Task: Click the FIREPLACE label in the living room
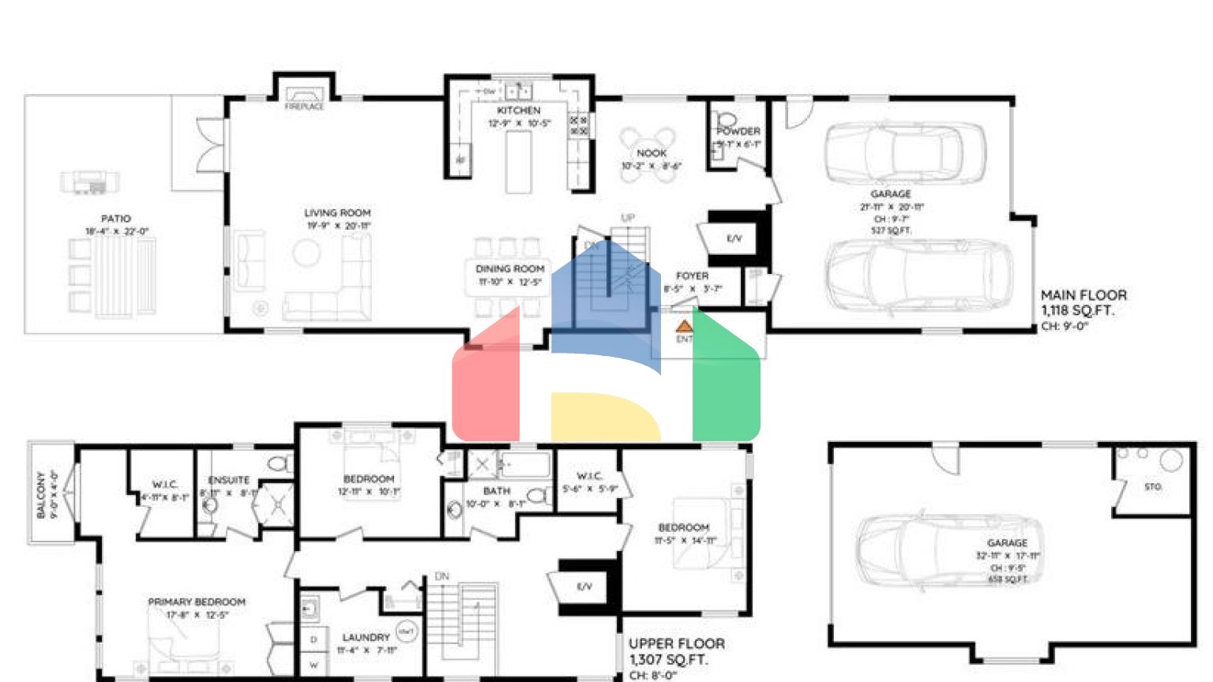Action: [304, 107]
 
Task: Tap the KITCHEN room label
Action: [519, 111]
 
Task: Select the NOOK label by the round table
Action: [652, 153]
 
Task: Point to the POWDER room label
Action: [739, 131]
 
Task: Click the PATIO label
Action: [116, 219]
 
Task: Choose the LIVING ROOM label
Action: [337, 213]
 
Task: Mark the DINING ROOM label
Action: [510, 269]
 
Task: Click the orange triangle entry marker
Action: [684, 325]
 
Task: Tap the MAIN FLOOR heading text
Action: [1083, 295]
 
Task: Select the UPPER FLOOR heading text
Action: [676, 644]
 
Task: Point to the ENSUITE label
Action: [229, 480]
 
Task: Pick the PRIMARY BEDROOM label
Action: [197, 602]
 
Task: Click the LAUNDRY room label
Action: [366, 637]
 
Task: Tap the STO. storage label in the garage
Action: [1153, 487]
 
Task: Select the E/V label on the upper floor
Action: [584, 586]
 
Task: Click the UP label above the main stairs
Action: [628, 218]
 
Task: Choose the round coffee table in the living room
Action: [306, 253]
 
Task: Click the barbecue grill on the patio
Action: [90, 182]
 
